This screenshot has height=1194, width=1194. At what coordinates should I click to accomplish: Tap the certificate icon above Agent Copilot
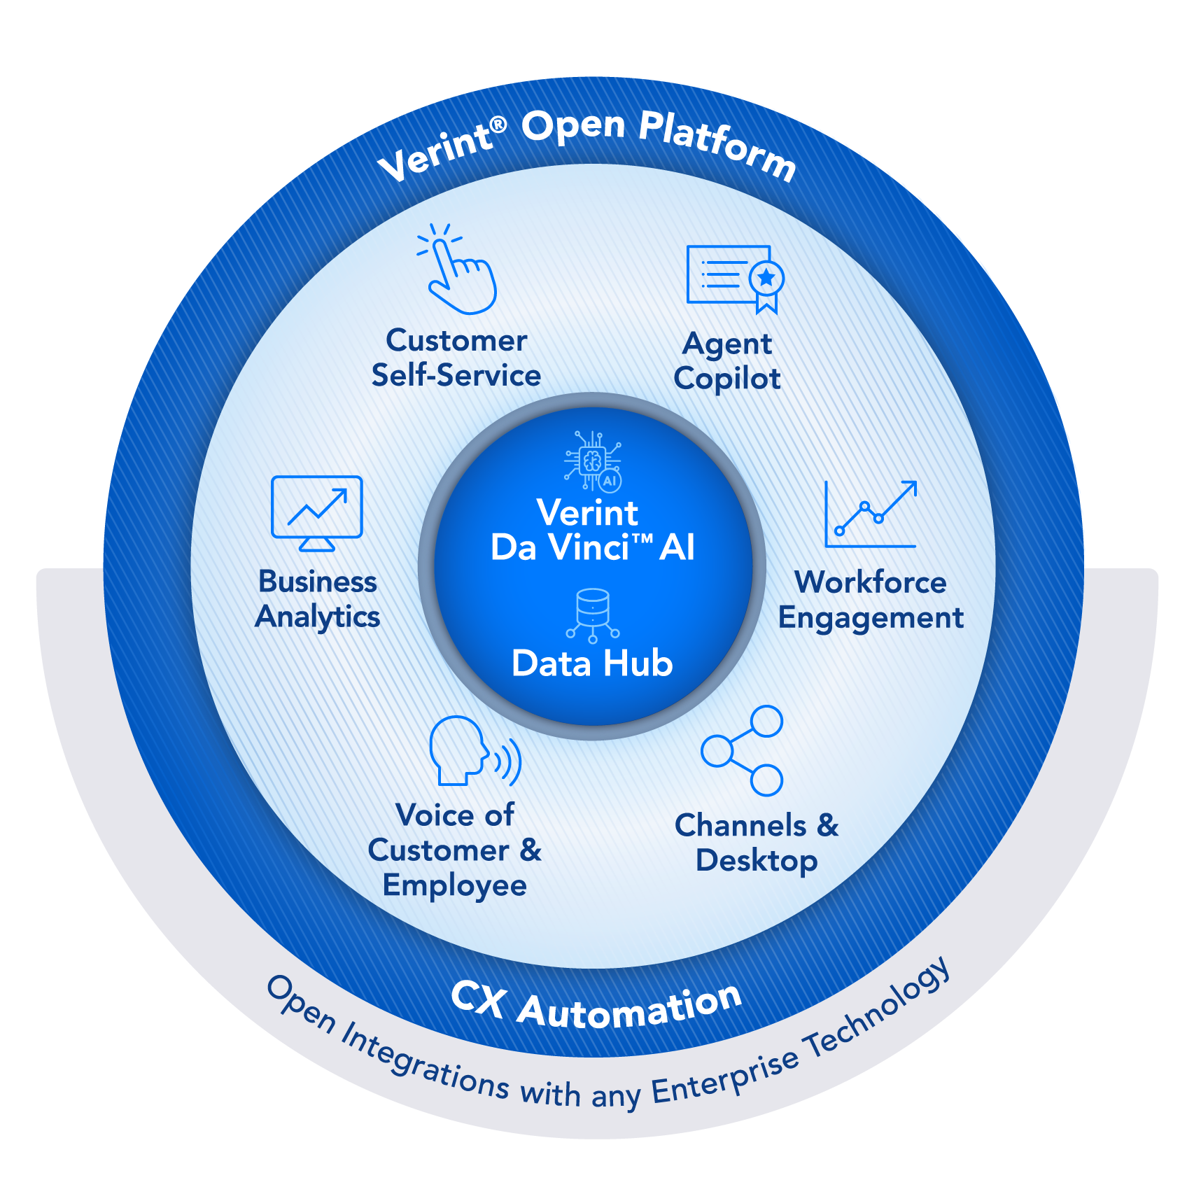pyautogui.click(x=733, y=277)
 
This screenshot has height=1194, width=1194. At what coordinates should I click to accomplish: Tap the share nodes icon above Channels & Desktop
pyautogui.click(x=743, y=750)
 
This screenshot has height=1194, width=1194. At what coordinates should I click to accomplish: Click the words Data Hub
pyautogui.click(x=592, y=663)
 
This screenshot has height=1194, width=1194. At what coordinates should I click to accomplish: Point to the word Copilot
pyautogui.click(x=727, y=379)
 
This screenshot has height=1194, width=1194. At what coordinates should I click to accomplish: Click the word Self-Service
pyautogui.click(x=456, y=376)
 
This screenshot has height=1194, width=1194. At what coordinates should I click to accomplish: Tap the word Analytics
pyautogui.click(x=318, y=617)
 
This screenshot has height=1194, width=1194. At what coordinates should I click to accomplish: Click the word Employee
pyautogui.click(x=455, y=886)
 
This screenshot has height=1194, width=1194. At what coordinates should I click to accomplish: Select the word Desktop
pyautogui.click(x=757, y=861)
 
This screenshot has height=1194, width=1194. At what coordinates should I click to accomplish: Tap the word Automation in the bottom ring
pyautogui.click(x=630, y=1008)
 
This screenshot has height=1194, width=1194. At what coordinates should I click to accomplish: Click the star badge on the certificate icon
pyautogui.click(x=766, y=278)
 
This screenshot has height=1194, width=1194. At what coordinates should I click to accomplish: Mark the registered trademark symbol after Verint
pyautogui.click(x=498, y=125)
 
